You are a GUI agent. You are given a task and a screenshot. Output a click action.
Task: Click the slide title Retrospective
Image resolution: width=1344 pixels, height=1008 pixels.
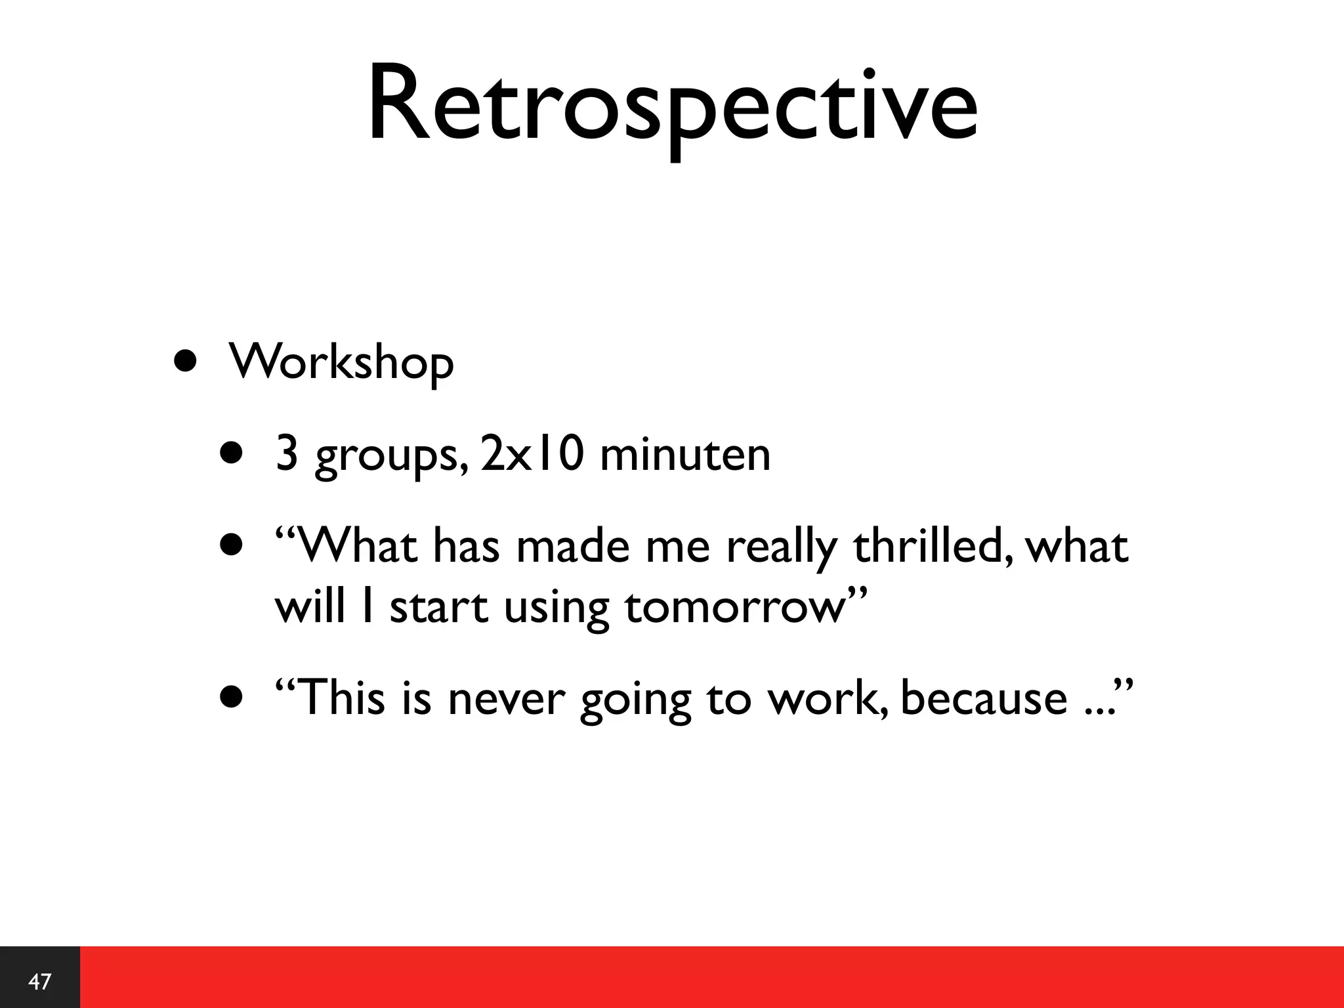pyautogui.click(x=672, y=105)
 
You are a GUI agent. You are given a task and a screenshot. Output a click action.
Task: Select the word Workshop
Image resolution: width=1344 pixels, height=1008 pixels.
pyautogui.click(x=341, y=362)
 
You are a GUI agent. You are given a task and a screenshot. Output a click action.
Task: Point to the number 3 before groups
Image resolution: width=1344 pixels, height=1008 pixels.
pyautogui.click(x=287, y=454)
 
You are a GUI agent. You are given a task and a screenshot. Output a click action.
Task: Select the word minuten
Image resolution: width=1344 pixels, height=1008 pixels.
pyautogui.click(x=685, y=454)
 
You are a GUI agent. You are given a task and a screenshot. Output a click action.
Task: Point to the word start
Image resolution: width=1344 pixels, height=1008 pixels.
pyautogui.click(x=439, y=607)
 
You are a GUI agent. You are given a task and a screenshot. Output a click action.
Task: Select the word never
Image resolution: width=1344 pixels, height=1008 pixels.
pyautogui.click(x=505, y=698)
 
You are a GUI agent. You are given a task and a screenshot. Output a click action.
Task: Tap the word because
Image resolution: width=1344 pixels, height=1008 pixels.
pyautogui.click(x=984, y=697)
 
